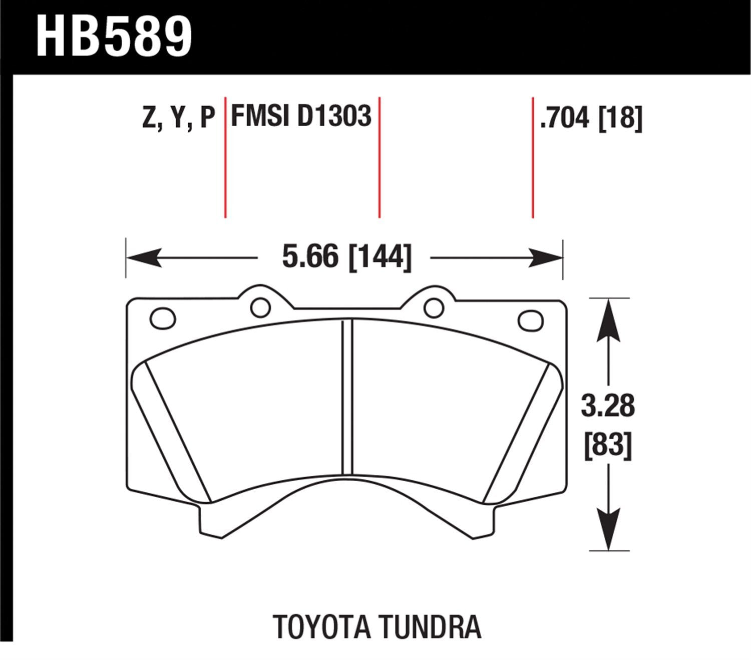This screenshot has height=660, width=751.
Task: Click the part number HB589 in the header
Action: [x=114, y=36]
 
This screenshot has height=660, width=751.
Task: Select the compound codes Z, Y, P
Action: [x=178, y=118]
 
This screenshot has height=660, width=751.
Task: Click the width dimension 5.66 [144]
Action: [x=346, y=257]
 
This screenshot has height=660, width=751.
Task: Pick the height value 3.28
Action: [x=608, y=406]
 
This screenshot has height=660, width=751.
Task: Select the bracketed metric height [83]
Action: [x=608, y=444]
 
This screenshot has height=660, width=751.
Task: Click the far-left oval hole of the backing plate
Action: [x=163, y=318]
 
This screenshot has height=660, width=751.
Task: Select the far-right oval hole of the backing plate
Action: [x=531, y=320]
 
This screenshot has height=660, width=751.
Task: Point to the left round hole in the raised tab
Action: [x=260, y=307]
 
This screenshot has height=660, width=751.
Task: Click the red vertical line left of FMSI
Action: [x=225, y=158]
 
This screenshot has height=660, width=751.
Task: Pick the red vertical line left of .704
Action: [x=532, y=158]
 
